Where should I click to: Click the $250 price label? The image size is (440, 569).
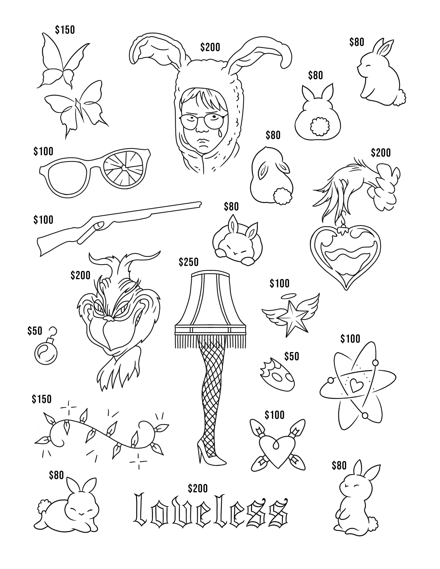point(188,262)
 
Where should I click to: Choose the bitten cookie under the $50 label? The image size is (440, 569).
point(277,375)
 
